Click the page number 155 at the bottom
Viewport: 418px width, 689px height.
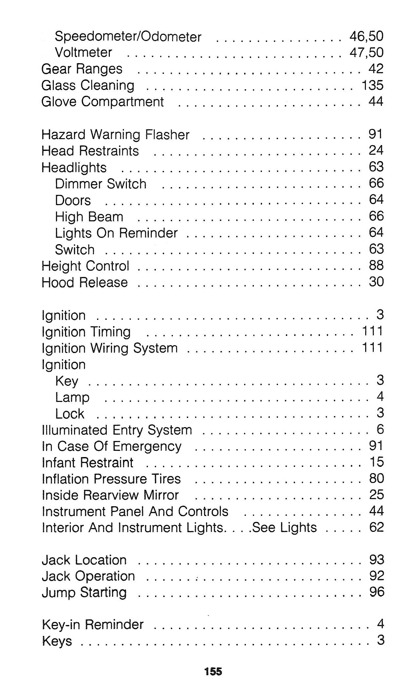coord(213,671)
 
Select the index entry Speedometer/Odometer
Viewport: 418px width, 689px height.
coord(128,36)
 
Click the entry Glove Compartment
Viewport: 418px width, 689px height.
coord(102,102)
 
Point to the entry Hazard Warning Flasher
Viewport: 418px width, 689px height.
coord(115,135)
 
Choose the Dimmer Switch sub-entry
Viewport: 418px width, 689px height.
coord(100,184)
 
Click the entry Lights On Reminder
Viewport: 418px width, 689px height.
coord(116,233)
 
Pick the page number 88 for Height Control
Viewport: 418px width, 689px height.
coord(376,265)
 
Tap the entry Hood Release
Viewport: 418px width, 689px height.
coord(85,282)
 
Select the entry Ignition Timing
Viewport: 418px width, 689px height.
coord(86,332)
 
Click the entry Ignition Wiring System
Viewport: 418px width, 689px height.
coord(109,348)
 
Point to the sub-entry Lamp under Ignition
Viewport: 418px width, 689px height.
coord(72,397)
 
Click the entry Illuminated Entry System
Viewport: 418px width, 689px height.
coord(117,430)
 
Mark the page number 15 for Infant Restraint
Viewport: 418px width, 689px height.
coord(376,462)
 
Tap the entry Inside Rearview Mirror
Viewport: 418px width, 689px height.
coord(110,495)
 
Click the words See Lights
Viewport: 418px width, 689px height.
coord(284,528)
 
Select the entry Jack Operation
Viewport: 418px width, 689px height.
coord(88,576)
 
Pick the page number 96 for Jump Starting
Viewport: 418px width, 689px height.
coord(376,592)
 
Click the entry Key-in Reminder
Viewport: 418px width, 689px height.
coord(93,624)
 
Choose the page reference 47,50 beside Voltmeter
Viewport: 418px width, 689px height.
coord(366,52)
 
